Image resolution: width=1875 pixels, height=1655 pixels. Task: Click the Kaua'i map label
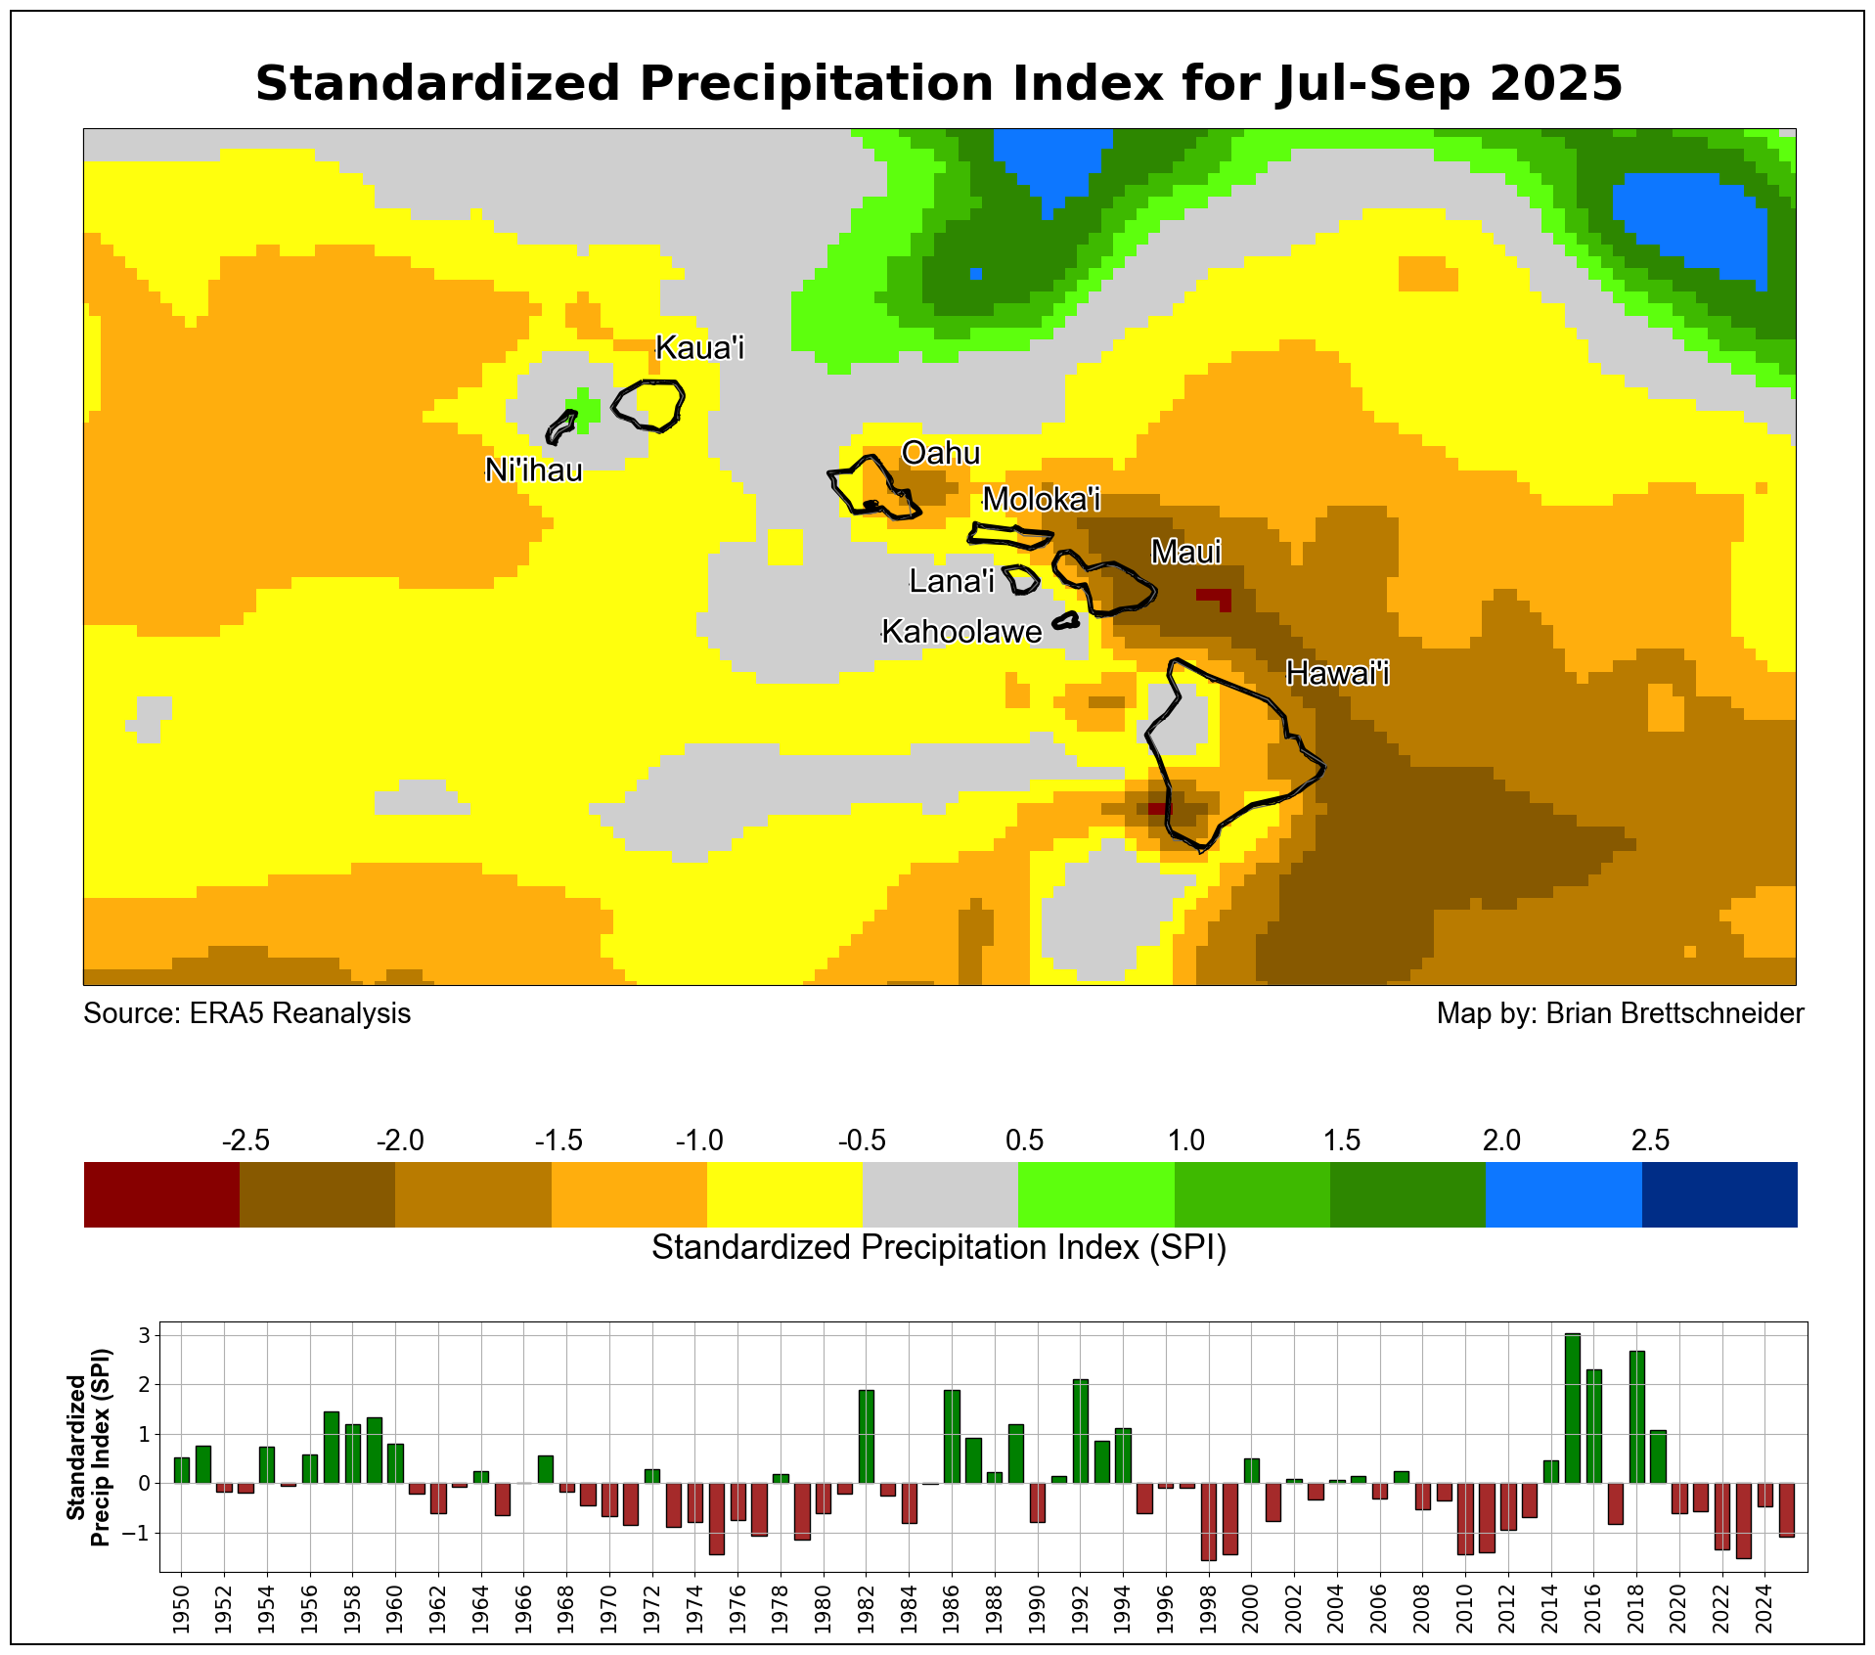tap(699, 347)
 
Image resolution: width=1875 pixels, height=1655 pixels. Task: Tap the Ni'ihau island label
tap(533, 470)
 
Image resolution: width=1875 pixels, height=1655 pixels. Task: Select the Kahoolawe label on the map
tap(961, 632)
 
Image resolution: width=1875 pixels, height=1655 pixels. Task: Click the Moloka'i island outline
tap(1010, 536)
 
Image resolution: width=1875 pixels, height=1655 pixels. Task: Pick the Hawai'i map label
tap(1337, 673)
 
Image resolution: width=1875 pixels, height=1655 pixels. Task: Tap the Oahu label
tap(940, 453)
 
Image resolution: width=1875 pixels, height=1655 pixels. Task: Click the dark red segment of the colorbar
tap(161, 1194)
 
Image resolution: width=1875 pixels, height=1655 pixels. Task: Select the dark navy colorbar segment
tap(1719, 1194)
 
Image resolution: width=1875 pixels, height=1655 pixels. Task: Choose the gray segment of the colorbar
tap(940, 1194)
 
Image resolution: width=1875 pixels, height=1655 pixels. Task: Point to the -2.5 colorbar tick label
tap(246, 1141)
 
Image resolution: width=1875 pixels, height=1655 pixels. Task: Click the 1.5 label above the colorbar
tap(1342, 1141)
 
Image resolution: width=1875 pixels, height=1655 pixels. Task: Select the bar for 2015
tap(1572, 1409)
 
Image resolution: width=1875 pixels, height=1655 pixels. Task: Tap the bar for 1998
tap(1208, 1521)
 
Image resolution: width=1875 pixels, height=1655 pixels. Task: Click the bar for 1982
tap(866, 1436)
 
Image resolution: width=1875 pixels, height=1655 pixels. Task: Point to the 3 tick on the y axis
tap(143, 1335)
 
